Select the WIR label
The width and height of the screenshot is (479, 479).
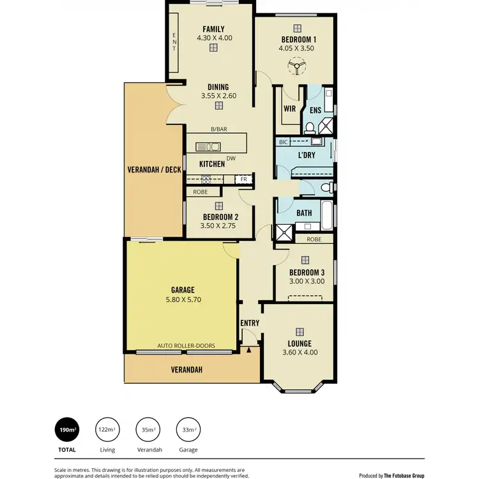(289, 109)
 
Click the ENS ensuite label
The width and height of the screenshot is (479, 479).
(316, 110)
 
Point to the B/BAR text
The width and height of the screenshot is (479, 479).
(219, 129)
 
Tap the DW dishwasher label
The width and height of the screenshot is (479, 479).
(231, 159)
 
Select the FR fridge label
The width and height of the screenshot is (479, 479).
(243, 179)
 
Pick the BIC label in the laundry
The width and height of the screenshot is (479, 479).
(284, 142)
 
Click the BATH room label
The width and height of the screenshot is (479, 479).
(305, 213)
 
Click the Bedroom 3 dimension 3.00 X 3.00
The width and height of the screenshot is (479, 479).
(304, 281)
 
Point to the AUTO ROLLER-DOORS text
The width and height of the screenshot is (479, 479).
(186, 346)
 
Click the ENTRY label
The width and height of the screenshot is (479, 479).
(250, 323)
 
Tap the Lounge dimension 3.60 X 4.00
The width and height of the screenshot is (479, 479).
(300, 352)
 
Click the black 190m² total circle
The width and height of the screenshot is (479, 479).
(67, 430)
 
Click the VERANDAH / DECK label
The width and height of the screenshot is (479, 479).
(155, 169)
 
